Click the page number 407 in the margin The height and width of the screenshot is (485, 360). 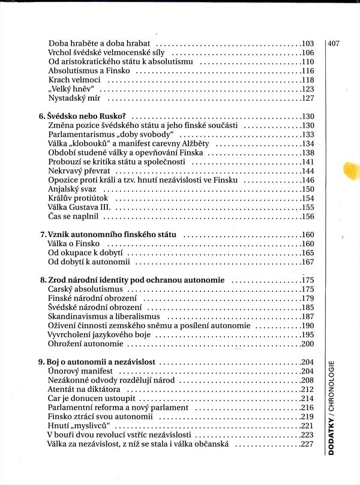334,43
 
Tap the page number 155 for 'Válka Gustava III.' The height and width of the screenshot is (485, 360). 308,207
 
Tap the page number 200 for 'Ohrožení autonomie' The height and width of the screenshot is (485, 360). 308,344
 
